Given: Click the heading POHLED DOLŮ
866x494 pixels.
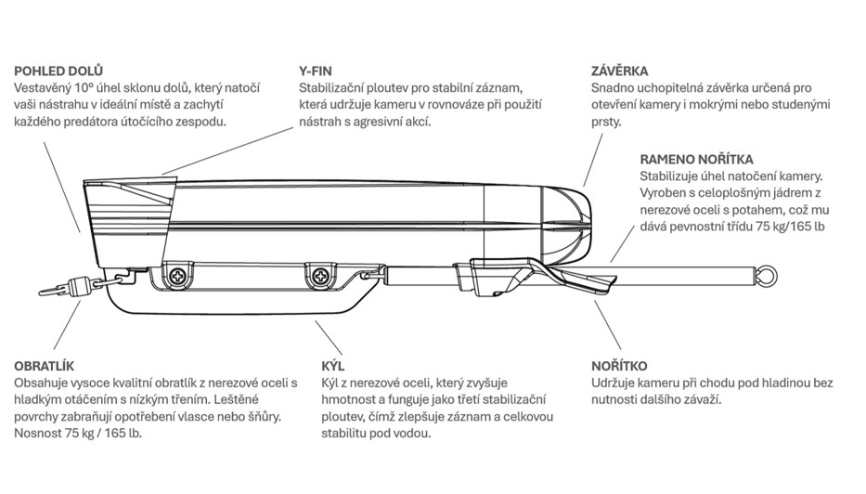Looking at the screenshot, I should [x=58, y=71].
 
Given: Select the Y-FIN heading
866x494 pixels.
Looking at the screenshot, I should [x=316, y=71].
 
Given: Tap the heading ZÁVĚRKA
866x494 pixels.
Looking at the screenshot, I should [x=619, y=71].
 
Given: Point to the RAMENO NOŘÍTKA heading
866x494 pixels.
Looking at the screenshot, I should [x=696, y=159].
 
